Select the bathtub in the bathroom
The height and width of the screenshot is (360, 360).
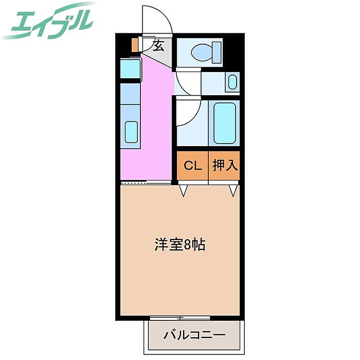pyautogui.click(x=224, y=123)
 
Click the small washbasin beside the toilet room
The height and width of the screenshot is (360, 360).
pyautogui.click(x=233, y=82)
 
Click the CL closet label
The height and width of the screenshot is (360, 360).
pyautogui.click(x=193, y=166)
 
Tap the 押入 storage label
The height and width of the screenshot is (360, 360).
pyautogui.click(x=224, y=166)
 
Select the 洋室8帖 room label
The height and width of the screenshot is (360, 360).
pyautogui.click(x=180, y=245)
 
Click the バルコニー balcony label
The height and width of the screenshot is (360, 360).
pyautogui.click(x=194, y=335)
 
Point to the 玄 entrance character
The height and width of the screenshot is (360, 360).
pyautogui.click(x=158, y=46)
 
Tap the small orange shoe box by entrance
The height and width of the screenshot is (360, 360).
pyautogui.click(x=135, y=45)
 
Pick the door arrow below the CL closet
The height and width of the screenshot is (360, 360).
pyautogui.click(x=184, y=191)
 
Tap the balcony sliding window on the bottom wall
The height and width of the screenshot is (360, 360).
pyautogui.click(x=180, y=318)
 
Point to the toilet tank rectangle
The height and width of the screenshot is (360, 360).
pyautogui.click(x=217, y=51)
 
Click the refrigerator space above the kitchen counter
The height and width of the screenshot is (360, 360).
pyautogui.click(x=131, y=69)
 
